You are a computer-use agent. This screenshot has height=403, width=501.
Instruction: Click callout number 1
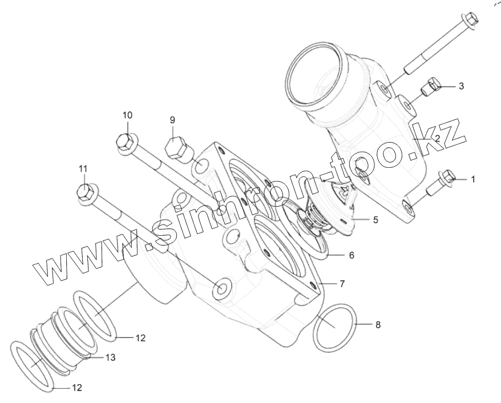pyautogui.click(x=472, y=179)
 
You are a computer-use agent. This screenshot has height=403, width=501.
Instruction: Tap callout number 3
pyautogui.click(x=461, y=86)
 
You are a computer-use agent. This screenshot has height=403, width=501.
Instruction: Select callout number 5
pyautogui.click(x=375, y=219)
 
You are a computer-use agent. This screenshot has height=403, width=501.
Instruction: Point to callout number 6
pyautogui.click(x=351, y=255)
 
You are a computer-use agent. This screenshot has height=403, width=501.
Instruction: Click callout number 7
pyautogui.click(x=342, y=283)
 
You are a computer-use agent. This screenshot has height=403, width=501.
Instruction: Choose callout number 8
pyautogui.click(x=377, y=325)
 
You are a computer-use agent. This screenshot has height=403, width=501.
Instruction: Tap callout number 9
pyautogui.click(x=172, y=120)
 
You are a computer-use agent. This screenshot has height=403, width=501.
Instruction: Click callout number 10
pyautogui.click(x=127, y=115)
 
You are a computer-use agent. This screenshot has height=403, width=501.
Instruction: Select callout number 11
pyautogui.click(x=83, y=168)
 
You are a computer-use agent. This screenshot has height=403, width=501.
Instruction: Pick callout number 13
pyautogui.click(x=110, y=357)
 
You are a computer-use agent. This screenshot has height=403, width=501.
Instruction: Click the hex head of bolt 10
pyautogui.click(x=125, y=142)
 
